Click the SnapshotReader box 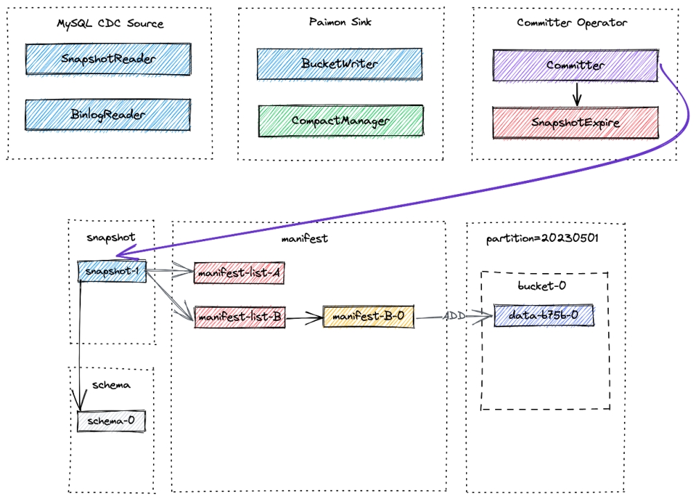pyautogui.click(x=108, y=59)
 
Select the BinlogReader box pyautogui.click(x=108, y=114)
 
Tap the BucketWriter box pyautogui.click(x=339, y=64)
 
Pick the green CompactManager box pyautogui.click(x=341, y=121)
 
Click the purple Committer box pyautogui.click(x=575, y=65)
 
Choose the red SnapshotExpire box pyautogui.click(x=575, y=123)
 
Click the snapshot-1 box pyautogui.click(x=112, y=271)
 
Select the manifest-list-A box pyautogui.click(x=239, y=273)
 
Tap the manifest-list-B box pyautogui.click(x=240, y=317)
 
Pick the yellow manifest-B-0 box pyautogui.click(x=368, y=316)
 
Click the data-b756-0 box pyautogui.click(x=544, y=315)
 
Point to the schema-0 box pyautogui.click(x=111, y=421)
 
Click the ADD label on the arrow pyautogui.click(x=454, y=316)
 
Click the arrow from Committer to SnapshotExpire pyautogui.click(x=577, y=94)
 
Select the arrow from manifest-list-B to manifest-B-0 pyautogui.click(x=304, y=317)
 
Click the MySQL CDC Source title pyautogui.click(x=110, y=24)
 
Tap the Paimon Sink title pyautogui.click(x=340, y=21)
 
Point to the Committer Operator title pyautogui.click(x=572, y=23)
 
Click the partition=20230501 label pyautogui.click(x=542, y=238)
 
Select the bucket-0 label pyautogui.click(x=542, y=286)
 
